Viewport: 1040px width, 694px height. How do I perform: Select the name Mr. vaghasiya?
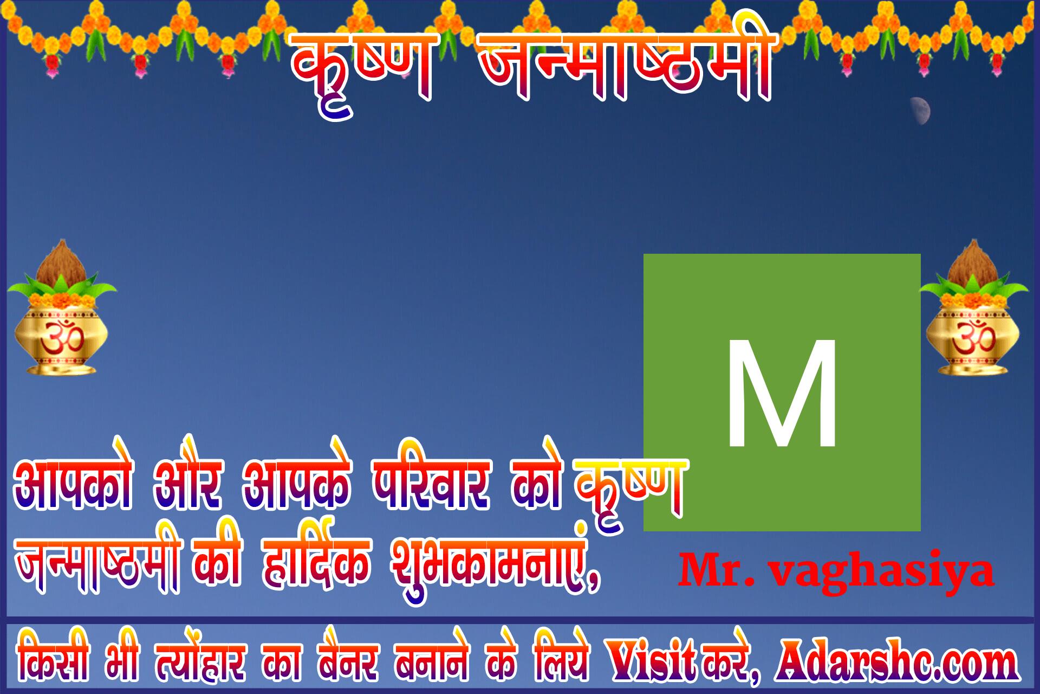[x=836, y=571]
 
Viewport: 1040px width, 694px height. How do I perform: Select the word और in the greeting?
[x=187, y=483]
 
